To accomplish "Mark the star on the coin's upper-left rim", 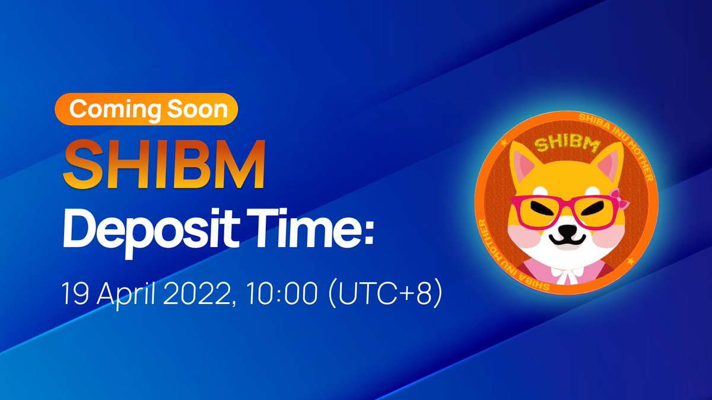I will [x=504, y=143].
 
